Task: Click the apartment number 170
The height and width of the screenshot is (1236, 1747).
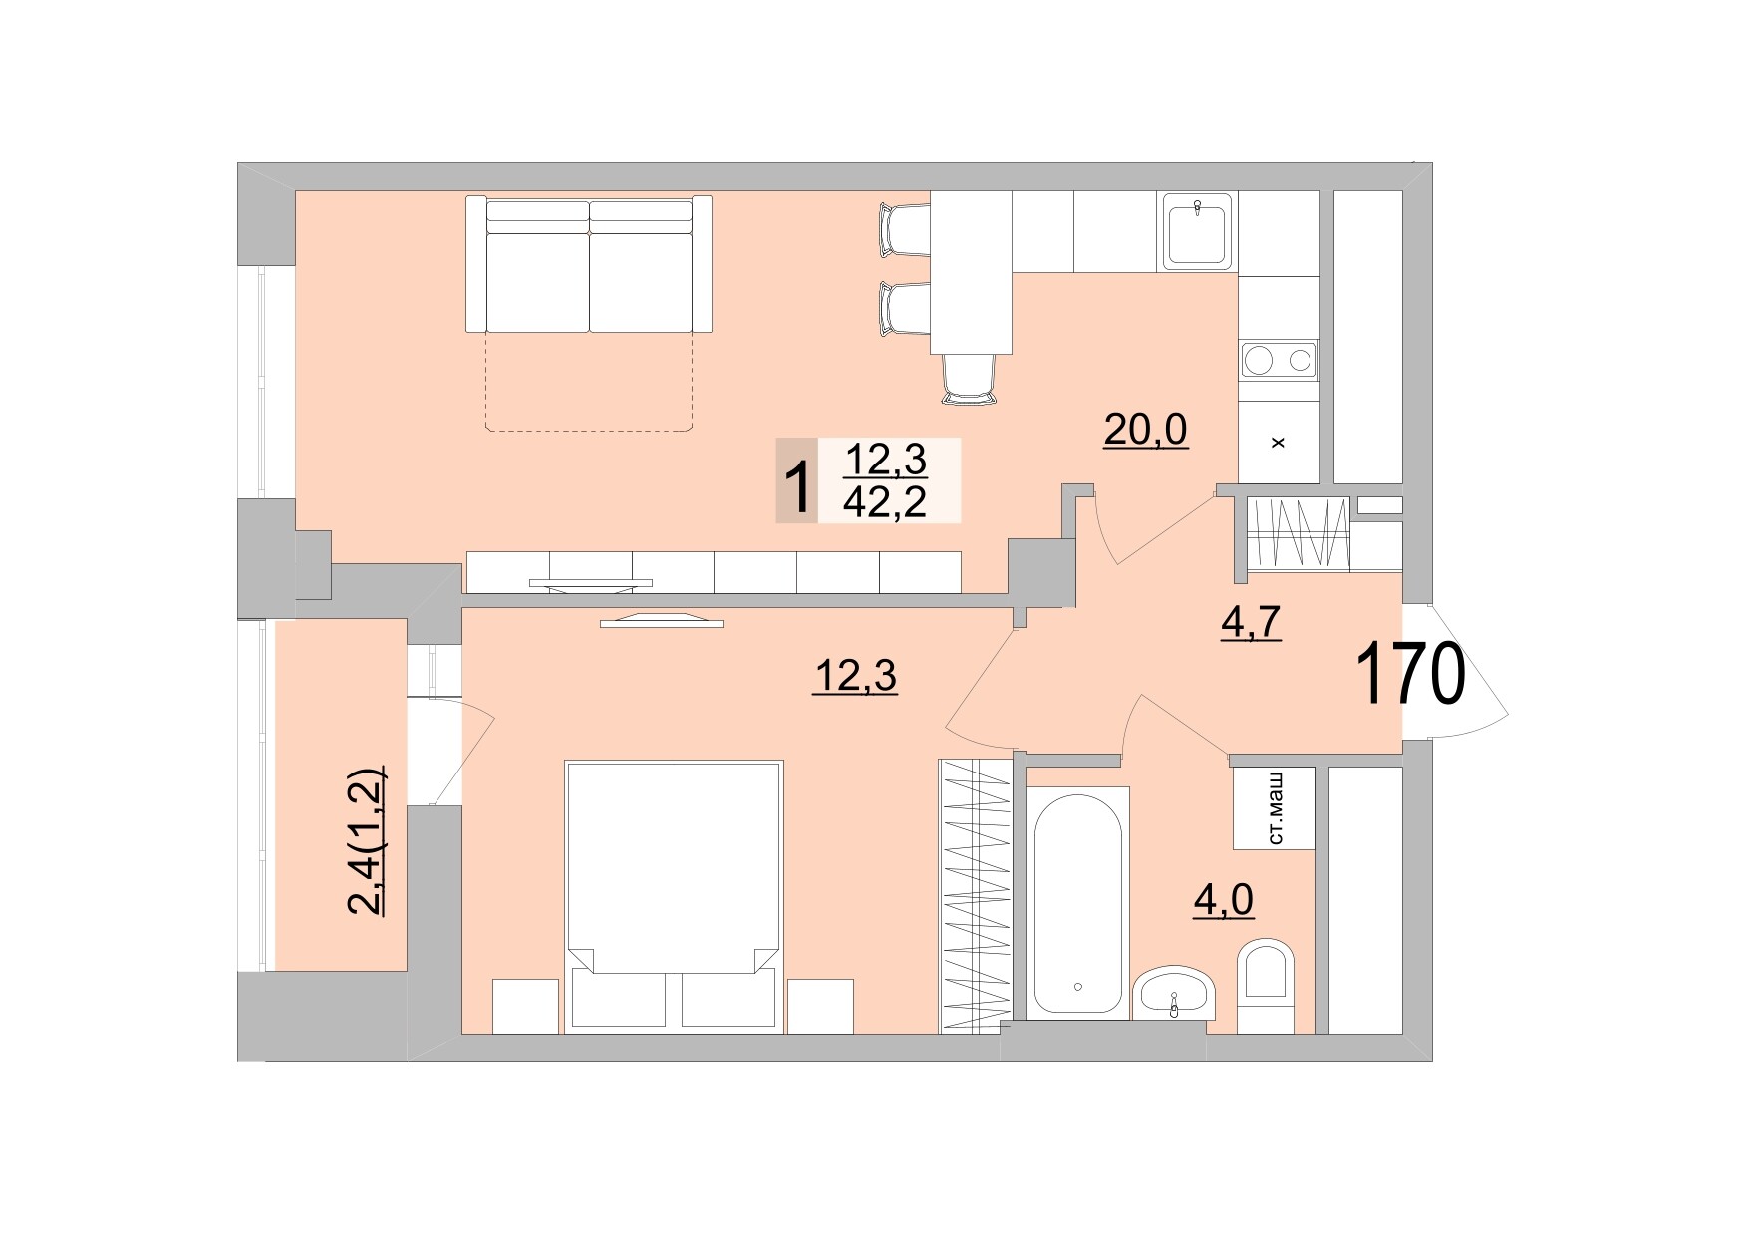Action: point(1410,676)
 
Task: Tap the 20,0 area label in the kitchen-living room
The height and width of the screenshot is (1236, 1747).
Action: point(1145,430)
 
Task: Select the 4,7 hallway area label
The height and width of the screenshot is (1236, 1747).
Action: point(1250,622)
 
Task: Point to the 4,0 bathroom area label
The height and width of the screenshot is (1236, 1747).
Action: point(1223,900)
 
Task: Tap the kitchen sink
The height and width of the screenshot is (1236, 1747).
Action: point(1198,231)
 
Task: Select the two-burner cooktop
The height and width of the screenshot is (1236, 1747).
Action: point(1279,359)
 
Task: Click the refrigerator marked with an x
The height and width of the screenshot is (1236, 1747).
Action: point(1279,442)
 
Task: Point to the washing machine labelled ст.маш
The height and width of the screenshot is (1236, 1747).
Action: point(1274,808)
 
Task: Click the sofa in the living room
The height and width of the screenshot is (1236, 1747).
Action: point(589,265)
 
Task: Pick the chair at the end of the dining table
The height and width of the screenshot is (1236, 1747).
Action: point(969,380)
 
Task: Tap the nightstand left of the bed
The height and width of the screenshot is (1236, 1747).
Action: point(525,1005)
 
